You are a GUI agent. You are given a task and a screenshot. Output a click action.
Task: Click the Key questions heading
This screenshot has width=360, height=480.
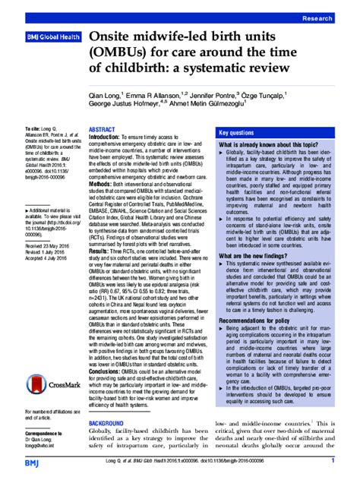pos(239,131)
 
